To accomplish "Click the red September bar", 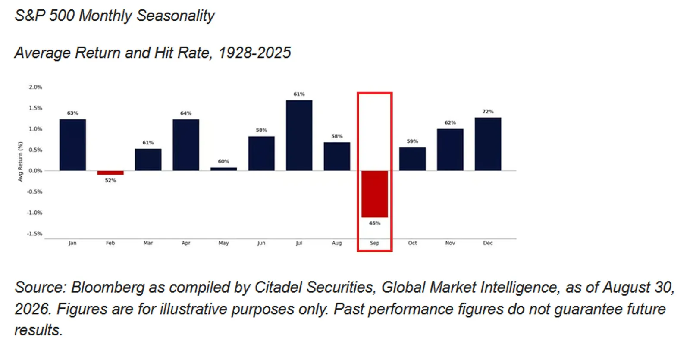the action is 375,194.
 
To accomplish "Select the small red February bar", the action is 110,173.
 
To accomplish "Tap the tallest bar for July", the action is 299,135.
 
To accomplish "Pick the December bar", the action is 488,144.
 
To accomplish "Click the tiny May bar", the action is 224,169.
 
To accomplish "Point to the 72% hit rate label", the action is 488,112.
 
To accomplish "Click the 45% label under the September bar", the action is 375,223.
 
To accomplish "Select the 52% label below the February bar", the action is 110,180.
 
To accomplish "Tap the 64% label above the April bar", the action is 186,113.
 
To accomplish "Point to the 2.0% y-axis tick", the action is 35,87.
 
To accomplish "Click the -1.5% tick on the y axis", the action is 34,233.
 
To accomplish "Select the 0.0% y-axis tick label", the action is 35,171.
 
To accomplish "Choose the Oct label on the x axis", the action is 412,243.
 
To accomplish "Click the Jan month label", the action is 72,243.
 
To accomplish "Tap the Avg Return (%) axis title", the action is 20,161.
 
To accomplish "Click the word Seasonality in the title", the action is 175,16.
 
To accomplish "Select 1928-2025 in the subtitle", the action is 254,53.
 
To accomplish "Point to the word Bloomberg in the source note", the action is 107,287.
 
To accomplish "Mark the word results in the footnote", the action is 38,330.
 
